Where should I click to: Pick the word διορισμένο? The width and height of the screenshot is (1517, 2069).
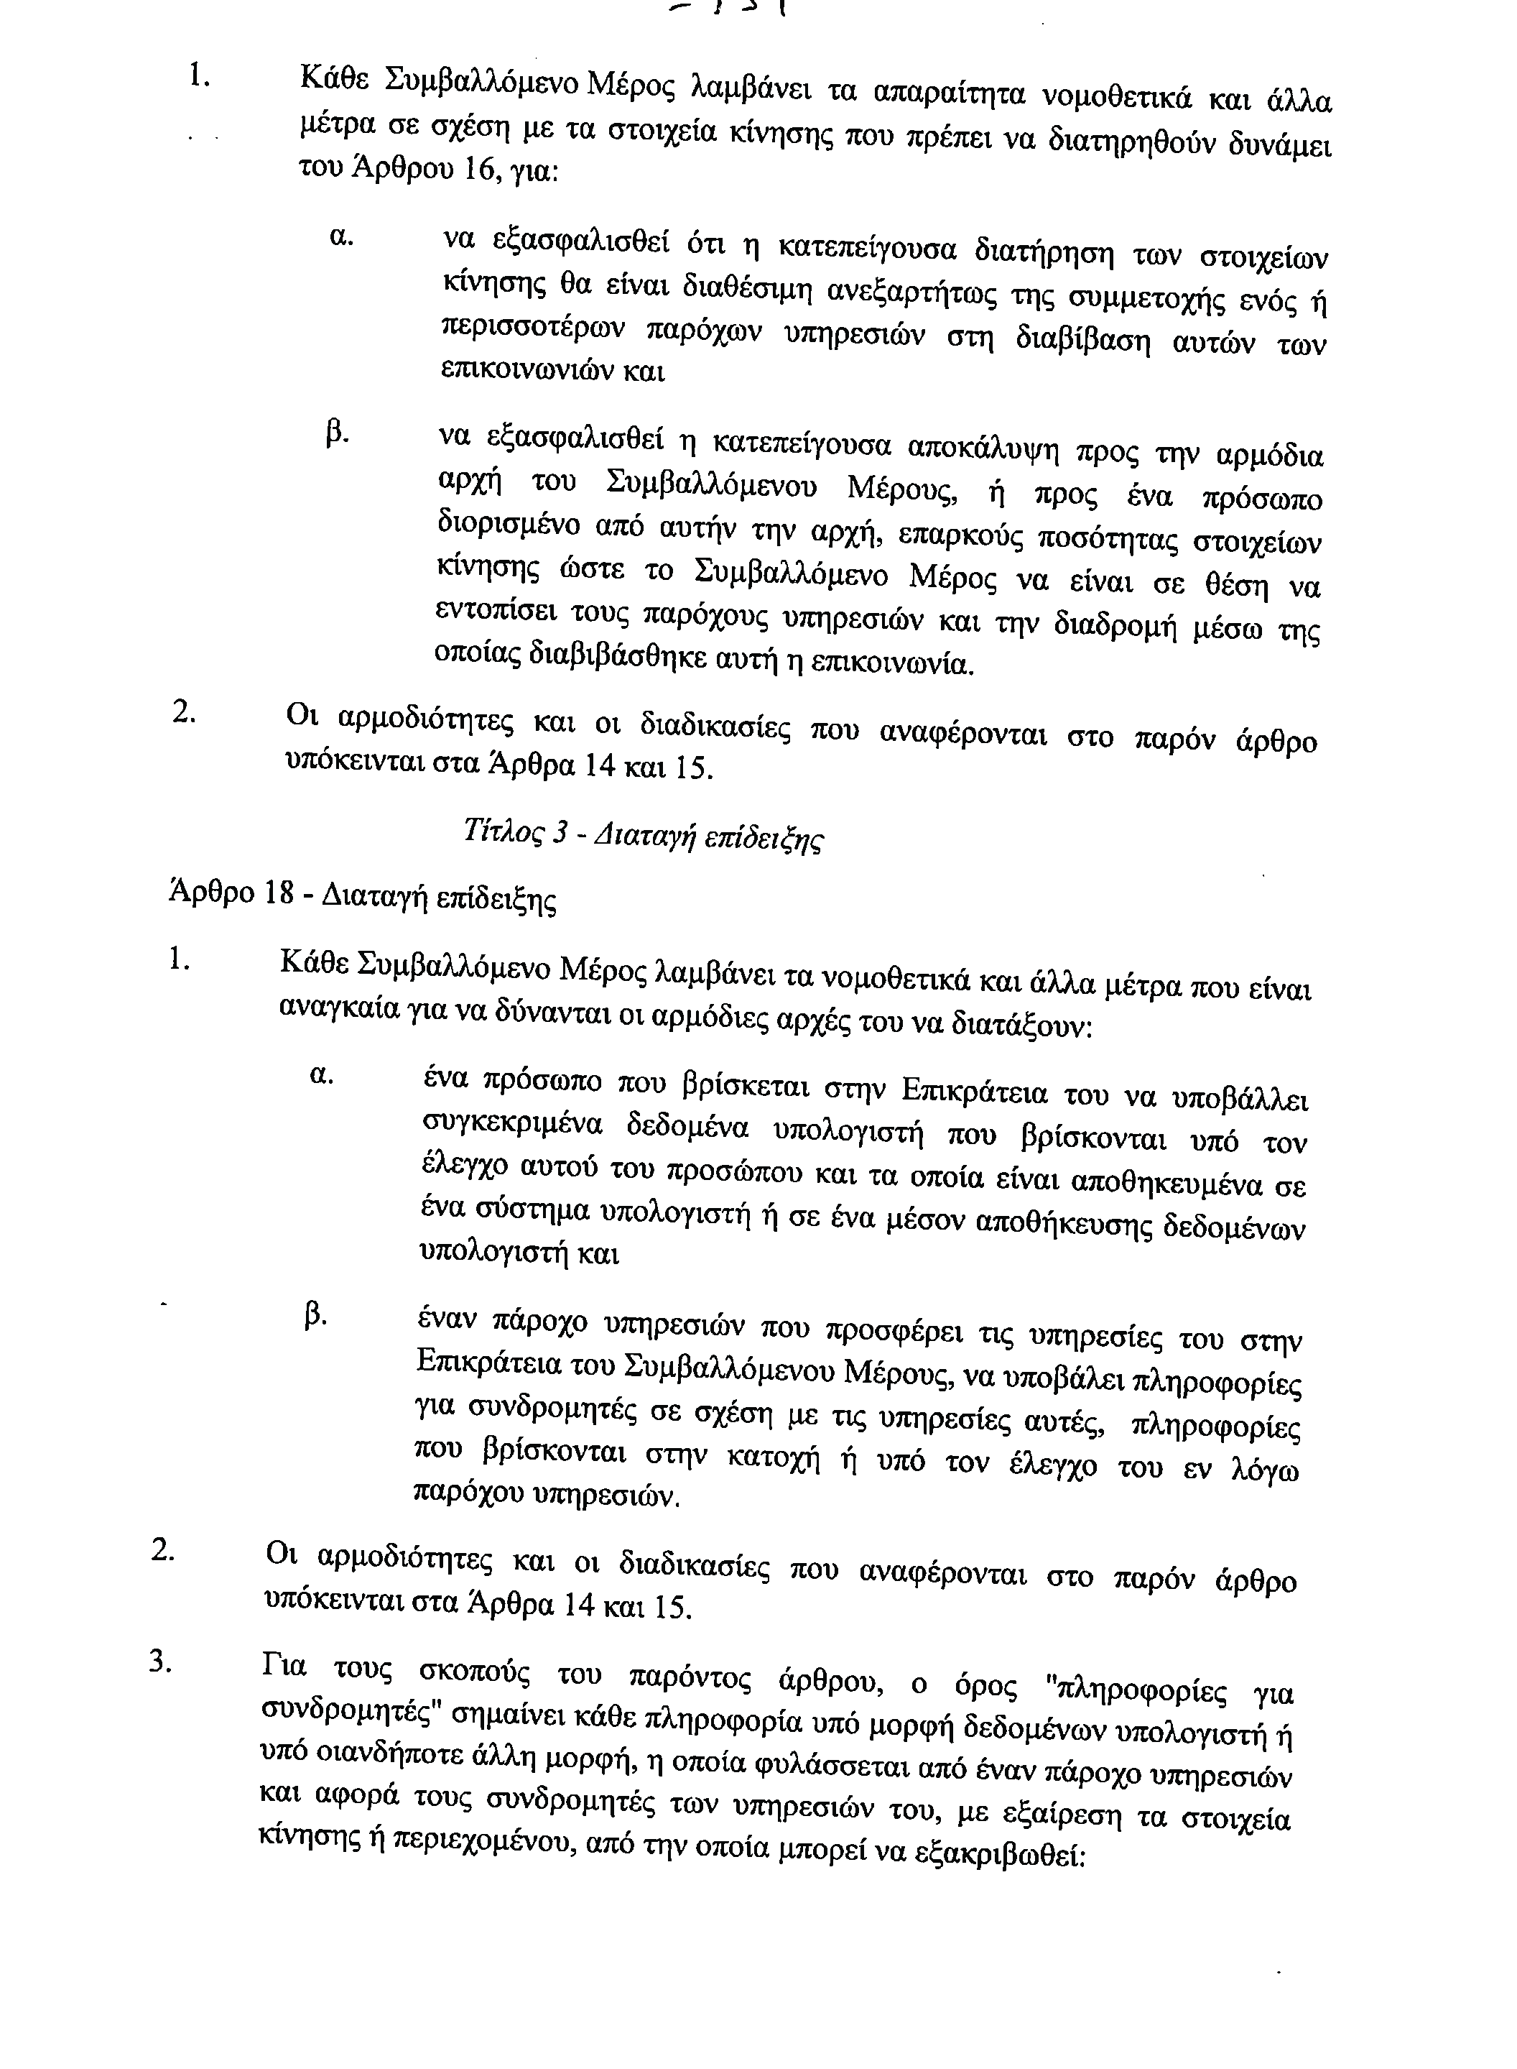pyautogui.click(x=510, y=525)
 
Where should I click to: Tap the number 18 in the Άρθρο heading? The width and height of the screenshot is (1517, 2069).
pyautogui.click(x=277, y=893)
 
